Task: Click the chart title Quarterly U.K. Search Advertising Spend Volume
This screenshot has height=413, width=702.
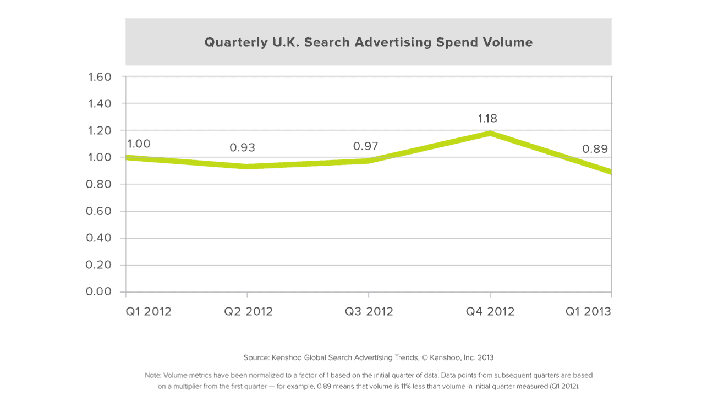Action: (x=368, y=42)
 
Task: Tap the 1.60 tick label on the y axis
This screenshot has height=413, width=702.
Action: (x=100, y=77)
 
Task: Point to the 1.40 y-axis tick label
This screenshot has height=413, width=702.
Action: (x=100, y=103)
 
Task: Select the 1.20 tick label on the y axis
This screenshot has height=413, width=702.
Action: (x=100, y=130)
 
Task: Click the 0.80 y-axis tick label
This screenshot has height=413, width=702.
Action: (x=100, y=184)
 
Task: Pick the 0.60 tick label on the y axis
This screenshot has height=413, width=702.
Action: (x=100, y=211)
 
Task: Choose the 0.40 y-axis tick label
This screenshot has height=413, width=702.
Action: (x=100, y=238)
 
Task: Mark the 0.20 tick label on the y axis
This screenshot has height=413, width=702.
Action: (x=100, y=265)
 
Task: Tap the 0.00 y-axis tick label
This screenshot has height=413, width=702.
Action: (x=100, y=291)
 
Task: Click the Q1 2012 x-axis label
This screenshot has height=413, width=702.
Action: (x=149, y=311)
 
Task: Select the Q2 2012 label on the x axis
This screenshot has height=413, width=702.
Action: (x=248, y=311)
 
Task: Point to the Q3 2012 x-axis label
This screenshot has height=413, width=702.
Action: (x=369, y=311)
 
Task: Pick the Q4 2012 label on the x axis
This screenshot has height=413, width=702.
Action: (x=490, y=311)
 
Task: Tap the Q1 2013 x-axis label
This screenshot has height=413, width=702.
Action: (x=589, y=311)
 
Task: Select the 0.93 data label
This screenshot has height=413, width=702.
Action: (x=243, y=147)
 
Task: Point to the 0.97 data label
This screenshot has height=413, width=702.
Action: (x=365, y=146)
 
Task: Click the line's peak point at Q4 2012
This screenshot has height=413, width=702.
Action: (x=490, y=133)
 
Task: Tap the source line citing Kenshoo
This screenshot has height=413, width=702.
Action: (x=368, y=357)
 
